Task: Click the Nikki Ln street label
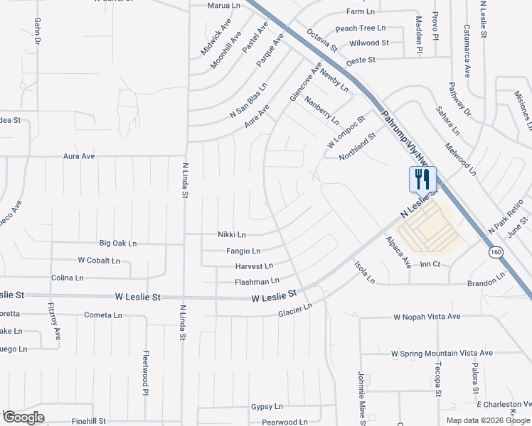[x=232, y=235]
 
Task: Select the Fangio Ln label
[x=243, y=251]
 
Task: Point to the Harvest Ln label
[x=254, y=266]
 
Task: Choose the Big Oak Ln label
[x=117, y=244]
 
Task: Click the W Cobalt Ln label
[x=99, y=261]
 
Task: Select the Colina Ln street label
[x=68, y=278]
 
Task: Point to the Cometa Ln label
[x=104, y=315]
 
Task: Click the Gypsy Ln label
[x=267, y=407]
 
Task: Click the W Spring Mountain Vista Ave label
[x=442, y=353]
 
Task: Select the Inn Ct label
[x=431, y=264]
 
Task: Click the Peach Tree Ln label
[x=360, y=28]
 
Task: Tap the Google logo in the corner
[x=24, y=417]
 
